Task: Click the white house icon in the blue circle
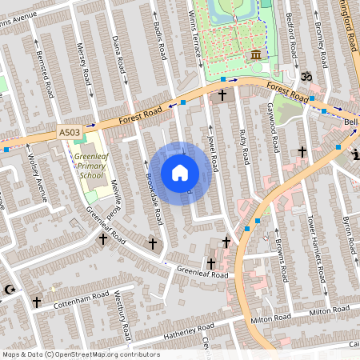[180, 173]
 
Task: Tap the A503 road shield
[70, 131]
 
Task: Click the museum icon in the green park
[255, 54]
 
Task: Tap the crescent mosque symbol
[10, 289]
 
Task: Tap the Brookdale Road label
[153, 196]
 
